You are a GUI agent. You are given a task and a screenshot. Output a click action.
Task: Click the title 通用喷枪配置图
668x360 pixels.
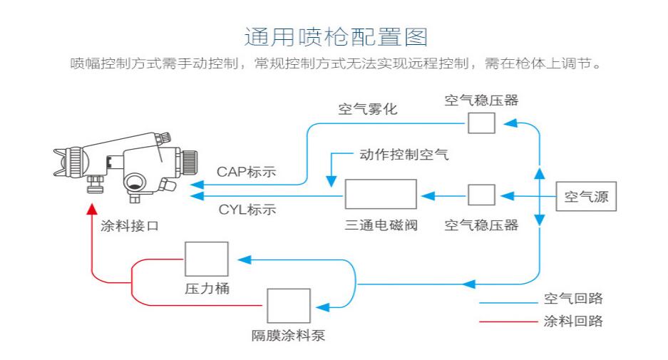pos(336,37)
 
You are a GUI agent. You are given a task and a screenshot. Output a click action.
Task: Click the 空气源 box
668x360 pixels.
pos(586,197)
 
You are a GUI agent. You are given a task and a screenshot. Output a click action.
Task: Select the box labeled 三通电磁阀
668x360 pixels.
pos(381,194)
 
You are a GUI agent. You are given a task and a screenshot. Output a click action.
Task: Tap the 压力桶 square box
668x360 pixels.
pos(207,259)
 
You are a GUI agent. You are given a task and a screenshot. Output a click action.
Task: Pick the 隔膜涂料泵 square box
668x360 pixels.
pos(289,306)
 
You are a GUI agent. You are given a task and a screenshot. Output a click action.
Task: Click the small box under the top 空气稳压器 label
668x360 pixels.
pos(481,123)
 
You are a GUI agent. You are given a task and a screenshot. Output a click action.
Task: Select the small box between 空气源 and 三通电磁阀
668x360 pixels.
pos(481,195)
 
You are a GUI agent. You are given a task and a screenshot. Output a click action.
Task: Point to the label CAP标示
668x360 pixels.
pos(246,172)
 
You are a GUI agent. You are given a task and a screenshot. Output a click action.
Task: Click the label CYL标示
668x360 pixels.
pos(247,210)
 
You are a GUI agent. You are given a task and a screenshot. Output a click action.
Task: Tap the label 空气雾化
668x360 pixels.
pos(368,109)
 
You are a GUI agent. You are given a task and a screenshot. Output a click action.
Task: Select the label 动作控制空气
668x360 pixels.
pos(404,154)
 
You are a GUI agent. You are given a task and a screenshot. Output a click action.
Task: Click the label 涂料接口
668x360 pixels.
pos(130,226)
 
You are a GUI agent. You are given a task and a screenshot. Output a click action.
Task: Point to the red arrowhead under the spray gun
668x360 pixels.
pos(92,209)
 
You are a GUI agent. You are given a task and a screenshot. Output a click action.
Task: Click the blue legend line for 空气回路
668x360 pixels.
pos(508,303)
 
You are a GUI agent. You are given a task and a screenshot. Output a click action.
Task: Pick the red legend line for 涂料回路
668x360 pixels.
pos(508,322)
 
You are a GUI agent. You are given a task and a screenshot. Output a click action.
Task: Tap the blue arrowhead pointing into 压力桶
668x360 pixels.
pos(244,259)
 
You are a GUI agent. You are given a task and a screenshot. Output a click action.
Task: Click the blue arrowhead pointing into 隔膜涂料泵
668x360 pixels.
pos(322,307)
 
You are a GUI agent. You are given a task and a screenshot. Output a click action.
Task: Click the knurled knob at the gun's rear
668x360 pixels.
pos(189,162)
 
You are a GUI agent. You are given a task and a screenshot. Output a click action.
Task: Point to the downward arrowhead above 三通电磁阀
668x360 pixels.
pos(331,182)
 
